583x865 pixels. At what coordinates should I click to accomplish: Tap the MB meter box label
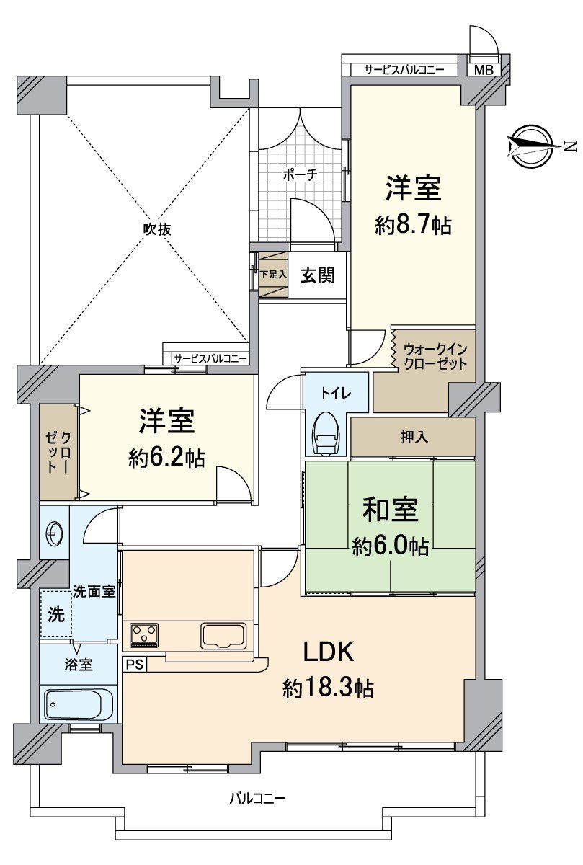(x=484, y=70)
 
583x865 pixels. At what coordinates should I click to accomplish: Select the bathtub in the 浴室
(x=79, y=704)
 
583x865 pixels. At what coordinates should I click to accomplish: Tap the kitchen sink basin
(x=224, y=636)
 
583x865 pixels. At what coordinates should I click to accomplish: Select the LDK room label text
(x=327, y=652)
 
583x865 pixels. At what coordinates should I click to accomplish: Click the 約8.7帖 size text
(x=413, y=226)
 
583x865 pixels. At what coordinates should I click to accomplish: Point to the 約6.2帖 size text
(x=166, y=458)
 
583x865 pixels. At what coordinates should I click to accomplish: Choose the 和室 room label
(x=390, y=510)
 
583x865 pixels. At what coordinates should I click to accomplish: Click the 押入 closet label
(x=412, y=438)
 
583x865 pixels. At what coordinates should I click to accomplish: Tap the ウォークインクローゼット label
(x=435, y=356)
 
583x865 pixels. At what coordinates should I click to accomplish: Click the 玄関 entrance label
(x=317, y=275)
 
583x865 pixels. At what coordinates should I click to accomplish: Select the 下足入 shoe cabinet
(x=273, y=275)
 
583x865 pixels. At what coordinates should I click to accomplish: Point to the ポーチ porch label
(x=300, y=175)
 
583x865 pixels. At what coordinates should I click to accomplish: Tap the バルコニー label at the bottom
(x=257, y=799)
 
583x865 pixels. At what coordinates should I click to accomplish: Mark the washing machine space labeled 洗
(x=55, y=615)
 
